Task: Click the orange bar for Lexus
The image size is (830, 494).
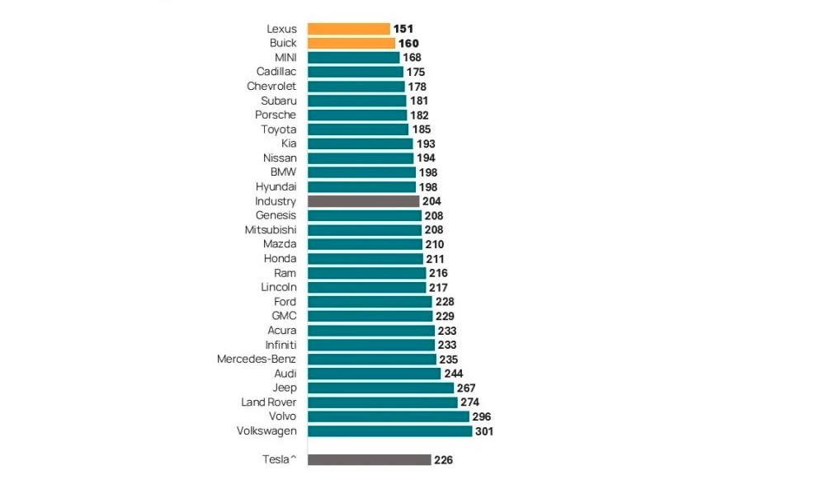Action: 349,29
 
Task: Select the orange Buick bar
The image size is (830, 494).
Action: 351,43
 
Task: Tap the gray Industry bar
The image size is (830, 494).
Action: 364,201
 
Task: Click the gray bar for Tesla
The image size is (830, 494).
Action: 370,459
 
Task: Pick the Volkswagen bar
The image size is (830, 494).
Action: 390,430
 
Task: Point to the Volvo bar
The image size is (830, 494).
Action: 389,416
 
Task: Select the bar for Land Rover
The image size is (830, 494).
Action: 383,402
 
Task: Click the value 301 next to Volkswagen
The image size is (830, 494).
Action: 484,431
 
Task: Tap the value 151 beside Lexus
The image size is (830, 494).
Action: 403,29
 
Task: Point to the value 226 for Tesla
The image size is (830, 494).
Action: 443,460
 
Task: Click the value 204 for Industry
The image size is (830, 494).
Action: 432,201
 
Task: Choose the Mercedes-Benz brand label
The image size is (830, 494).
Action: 256,359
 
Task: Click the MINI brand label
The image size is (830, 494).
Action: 285,58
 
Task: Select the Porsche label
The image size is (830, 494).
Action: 276,115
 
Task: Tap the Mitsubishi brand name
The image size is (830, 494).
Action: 271,229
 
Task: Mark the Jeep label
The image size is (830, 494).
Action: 285,388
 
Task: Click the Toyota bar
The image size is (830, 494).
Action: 358,129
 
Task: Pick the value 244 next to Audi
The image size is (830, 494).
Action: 454,374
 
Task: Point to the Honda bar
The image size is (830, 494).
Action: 365,258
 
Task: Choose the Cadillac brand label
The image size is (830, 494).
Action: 276,72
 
